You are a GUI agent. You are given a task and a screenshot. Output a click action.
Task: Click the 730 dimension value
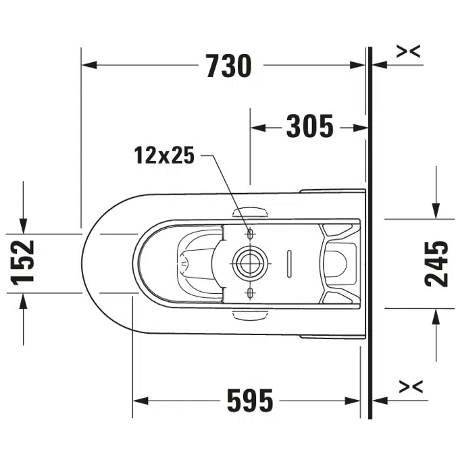[228, 66]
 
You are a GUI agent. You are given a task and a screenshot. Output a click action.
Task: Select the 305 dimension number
[310, 126]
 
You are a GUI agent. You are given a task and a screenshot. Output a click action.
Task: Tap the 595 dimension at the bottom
[249, 401]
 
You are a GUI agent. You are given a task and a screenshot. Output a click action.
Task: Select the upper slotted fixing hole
[251, 233]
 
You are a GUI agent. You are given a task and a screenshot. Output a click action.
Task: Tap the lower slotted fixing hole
[251, 292]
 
